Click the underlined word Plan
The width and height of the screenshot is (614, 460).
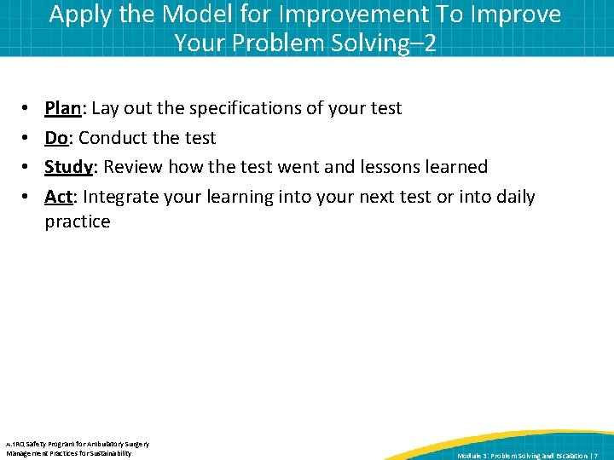coord(63,108)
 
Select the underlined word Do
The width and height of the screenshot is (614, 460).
coord(56,138)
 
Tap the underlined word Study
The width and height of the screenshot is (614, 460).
coord(68,167)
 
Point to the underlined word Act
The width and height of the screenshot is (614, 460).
coord(58,197)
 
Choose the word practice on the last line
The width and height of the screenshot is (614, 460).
coord(78,221)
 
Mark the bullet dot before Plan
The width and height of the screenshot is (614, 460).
coord(26,109)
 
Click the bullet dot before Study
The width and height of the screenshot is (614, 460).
coord(26,168)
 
